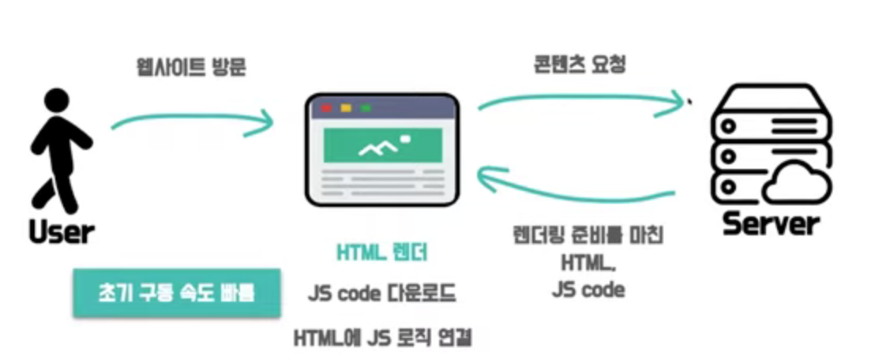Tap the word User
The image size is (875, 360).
[x=61, y=231]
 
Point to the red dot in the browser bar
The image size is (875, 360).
[x=325, y=107]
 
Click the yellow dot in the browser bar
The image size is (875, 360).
[x=345, y=107]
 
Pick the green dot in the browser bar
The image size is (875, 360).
[x=365, y=107]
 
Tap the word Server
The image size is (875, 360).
[x=771, y=224]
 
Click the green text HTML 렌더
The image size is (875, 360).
[x=382, y=253]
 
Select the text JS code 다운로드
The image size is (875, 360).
[x=381, y=294]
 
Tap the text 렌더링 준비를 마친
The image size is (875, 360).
[x=588, y=234]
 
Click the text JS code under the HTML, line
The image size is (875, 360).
[x=588, y=289]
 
